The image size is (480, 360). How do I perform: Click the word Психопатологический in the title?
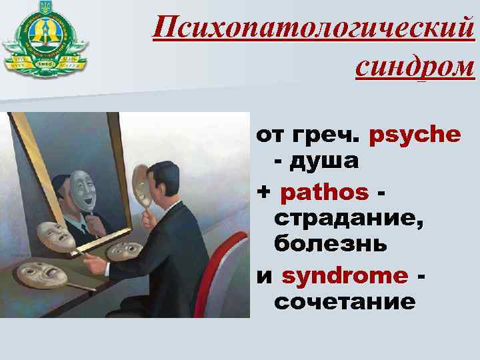(x=312, y=28)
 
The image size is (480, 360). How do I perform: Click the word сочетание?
(x=345, y=301)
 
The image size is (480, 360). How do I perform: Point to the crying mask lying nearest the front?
(x=39, y=273)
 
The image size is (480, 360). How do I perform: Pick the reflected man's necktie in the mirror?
(x=84, y=225)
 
